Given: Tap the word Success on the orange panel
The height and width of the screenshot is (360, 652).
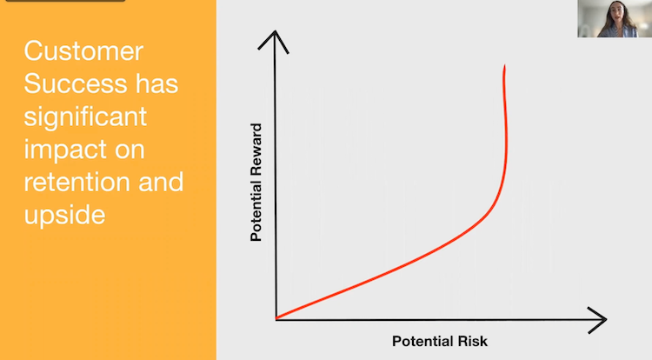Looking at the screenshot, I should click(x=66, y=84).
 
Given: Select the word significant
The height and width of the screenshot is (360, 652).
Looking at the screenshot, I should click(x=85, y=117).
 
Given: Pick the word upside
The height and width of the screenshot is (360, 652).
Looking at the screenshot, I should click(x=64, y=213).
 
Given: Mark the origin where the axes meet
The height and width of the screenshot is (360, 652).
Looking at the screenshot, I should click(x=276, y=318).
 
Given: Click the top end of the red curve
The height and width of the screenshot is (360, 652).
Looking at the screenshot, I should click(x=504, y=67).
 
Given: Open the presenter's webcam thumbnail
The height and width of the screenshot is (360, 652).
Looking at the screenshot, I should click(x=614, y=18).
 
